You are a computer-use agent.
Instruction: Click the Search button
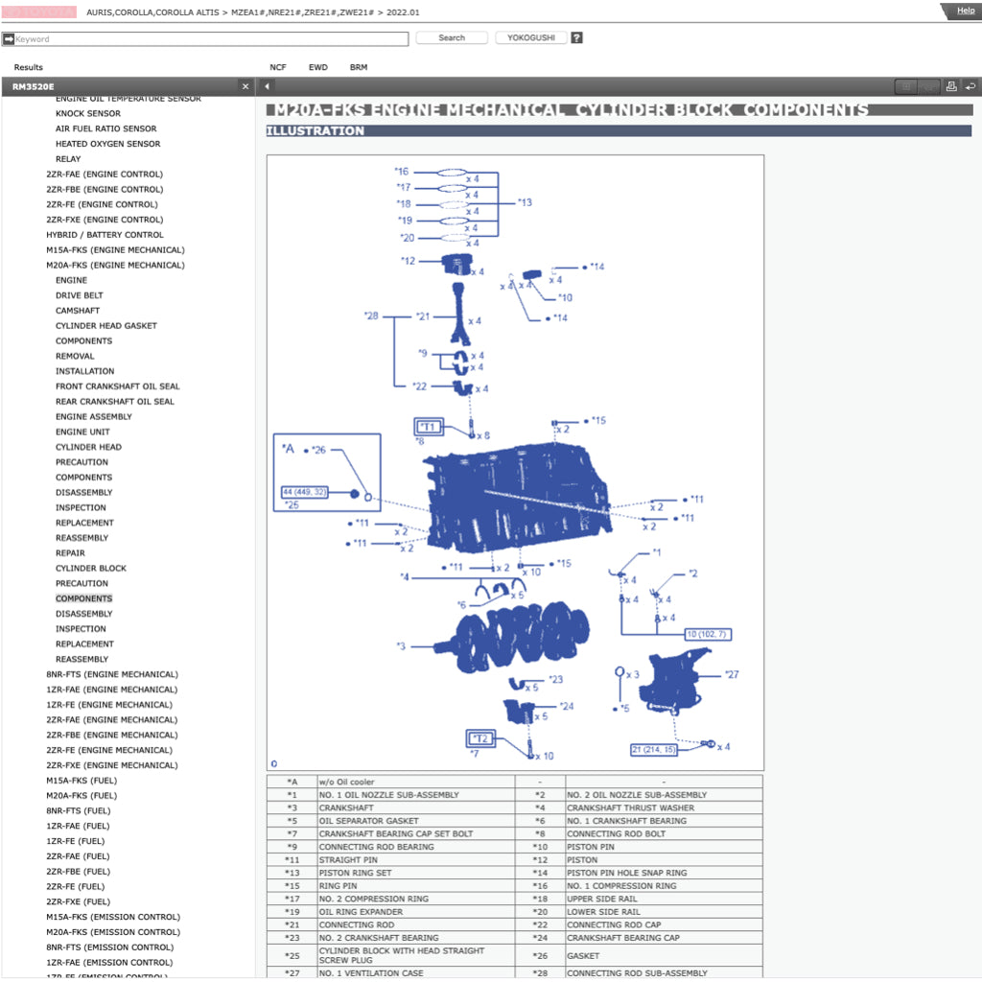coord(452,38)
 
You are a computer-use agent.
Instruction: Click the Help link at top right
coord(965,11)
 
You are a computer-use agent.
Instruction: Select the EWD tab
coord(317,68)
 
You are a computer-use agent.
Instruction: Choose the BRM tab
coord(359,68)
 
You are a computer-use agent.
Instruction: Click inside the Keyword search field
coord(211,39)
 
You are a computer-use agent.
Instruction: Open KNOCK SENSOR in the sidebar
coord(88,113)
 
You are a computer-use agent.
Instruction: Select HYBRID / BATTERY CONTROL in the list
coord(105,235)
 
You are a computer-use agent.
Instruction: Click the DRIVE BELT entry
coord(79,295)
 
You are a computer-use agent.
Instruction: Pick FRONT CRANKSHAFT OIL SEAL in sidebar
coord(117,386)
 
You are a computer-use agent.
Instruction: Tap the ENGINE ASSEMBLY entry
coord(94,417)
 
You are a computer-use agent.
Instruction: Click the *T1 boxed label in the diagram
coord(428,427)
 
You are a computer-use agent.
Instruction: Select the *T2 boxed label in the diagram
coord(481,738)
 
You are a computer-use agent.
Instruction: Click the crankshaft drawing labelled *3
coord(523,635)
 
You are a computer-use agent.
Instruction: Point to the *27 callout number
coord(732,674)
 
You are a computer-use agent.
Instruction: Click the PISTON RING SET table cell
coord(356,874)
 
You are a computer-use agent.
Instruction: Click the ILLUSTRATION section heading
coord(316,131)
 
